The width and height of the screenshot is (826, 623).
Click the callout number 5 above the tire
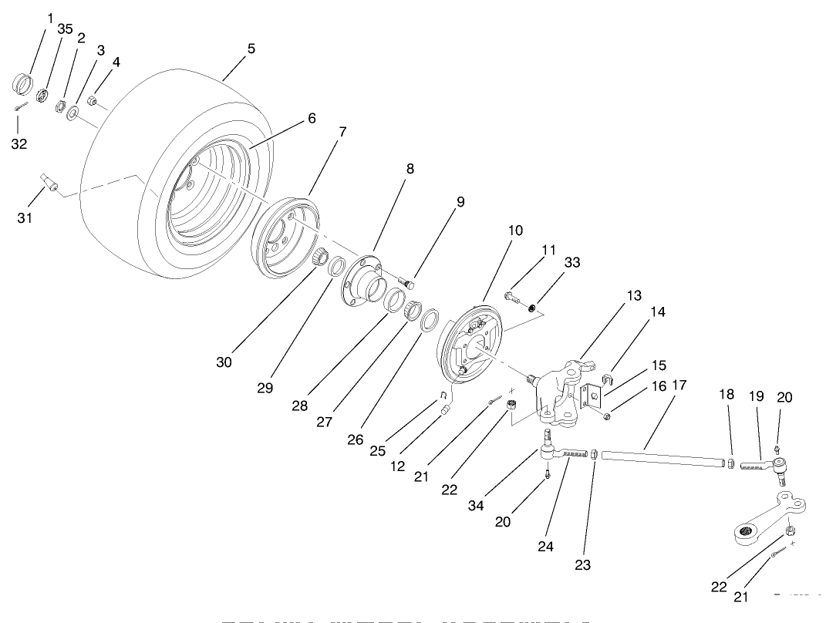tap(251, 49)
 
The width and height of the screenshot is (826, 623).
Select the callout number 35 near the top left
tap(65, 29)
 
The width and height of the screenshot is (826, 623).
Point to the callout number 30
tap(224, 362)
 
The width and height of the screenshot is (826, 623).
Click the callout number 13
tap(634, 296)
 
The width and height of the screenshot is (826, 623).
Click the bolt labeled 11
tap(514, 297)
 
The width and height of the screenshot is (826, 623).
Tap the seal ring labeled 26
tap(430, 319)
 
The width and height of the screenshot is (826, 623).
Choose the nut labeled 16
tap(607, 417)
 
